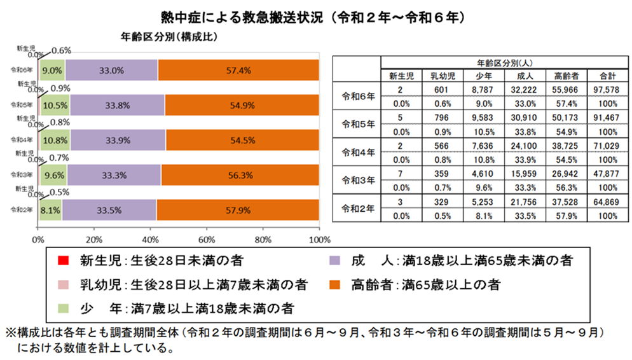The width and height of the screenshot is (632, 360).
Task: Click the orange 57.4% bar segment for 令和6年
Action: tap(238, 70)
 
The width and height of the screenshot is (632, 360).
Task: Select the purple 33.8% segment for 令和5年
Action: tap(117, 105)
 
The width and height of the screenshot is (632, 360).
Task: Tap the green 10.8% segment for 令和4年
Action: tap(55, 139)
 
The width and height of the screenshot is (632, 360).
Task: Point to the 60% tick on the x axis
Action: tap(207, 240)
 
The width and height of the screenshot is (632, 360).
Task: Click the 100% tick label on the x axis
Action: tap(319, 240)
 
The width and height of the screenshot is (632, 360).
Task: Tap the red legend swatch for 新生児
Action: tap(62, 260)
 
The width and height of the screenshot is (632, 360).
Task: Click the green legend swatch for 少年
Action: tap(62, 308)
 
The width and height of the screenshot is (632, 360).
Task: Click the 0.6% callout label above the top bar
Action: tap(61, 50)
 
